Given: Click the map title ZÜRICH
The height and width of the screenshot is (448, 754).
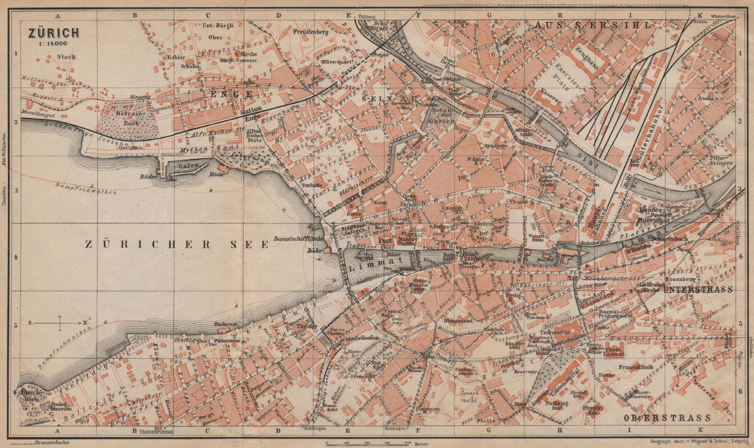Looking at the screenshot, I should click(53, 33).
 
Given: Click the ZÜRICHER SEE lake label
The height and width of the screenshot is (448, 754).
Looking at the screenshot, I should click(177, 244).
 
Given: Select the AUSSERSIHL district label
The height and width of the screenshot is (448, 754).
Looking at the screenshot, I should click(592, 25).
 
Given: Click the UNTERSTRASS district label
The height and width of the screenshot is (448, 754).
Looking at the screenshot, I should click(698, 290).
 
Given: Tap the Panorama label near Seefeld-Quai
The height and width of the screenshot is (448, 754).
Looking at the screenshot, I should click(227, 340).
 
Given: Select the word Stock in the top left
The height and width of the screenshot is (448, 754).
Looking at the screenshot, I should click(66, 57).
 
